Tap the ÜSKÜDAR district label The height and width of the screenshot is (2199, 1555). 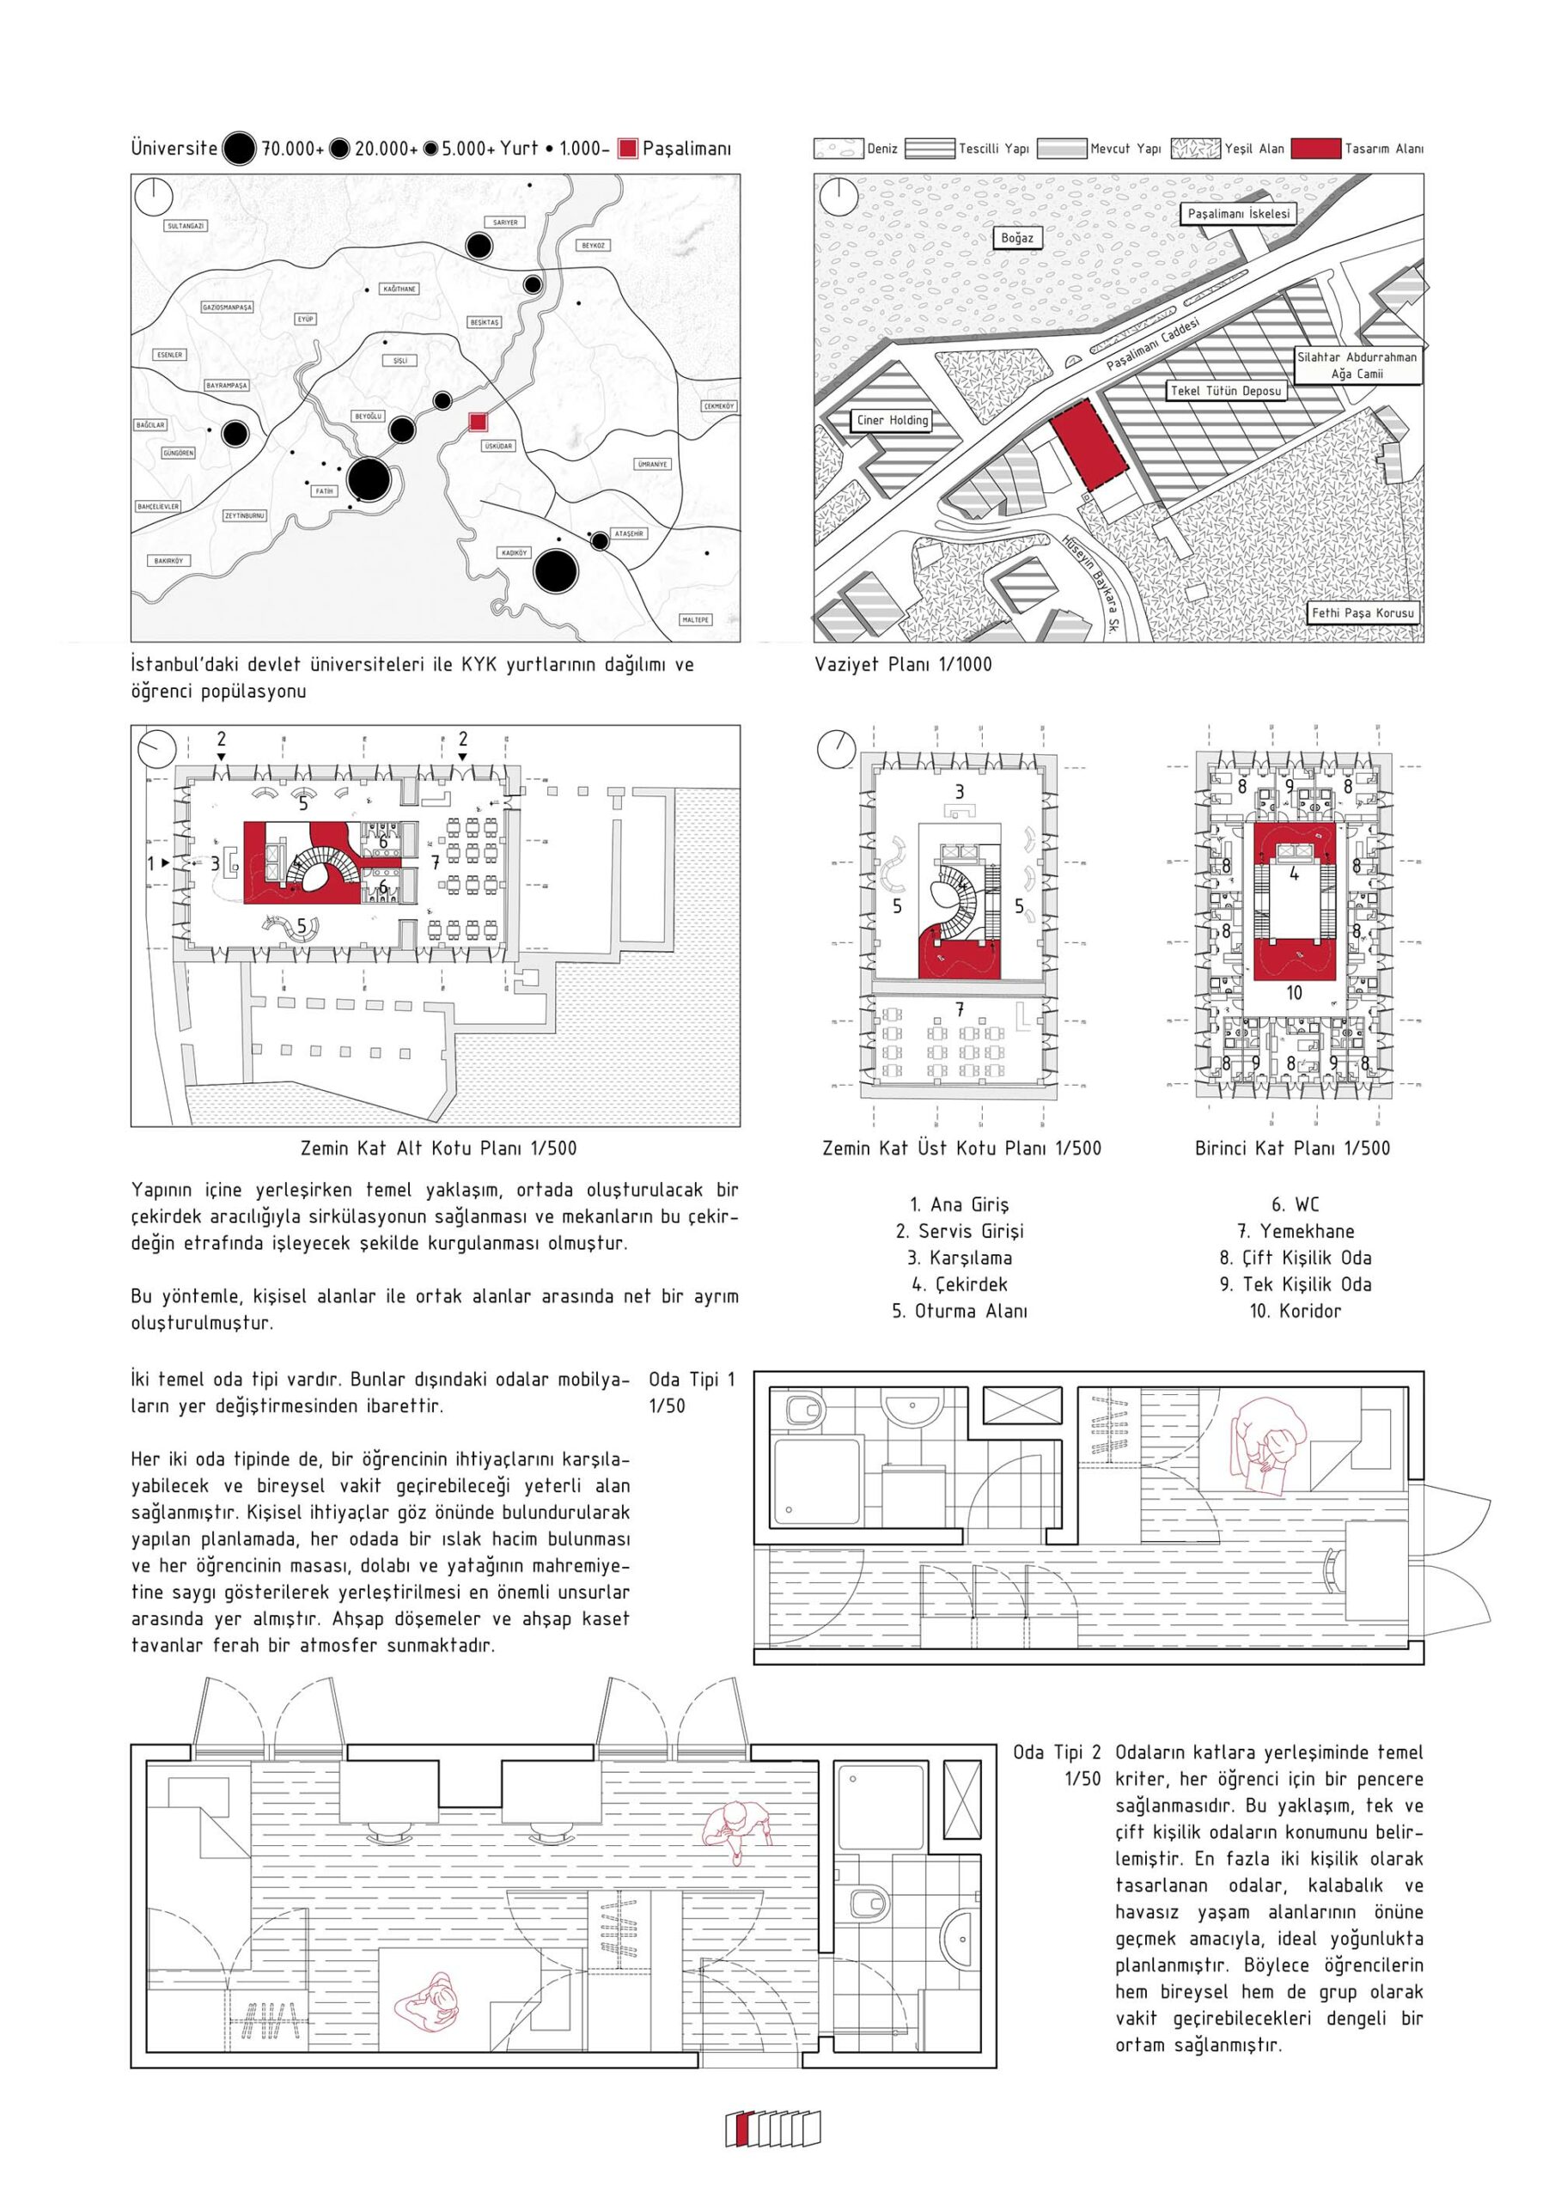pyautogui.click(x=498, y=447)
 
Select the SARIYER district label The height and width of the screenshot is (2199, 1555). pyautogui.click(x=505, y=222)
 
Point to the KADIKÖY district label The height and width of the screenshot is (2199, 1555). pyautogui.click(x=514, y=552)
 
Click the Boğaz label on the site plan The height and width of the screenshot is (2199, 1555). pyautogui.click(x=1016, y=238)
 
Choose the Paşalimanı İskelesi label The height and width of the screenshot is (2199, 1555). pyautogui.click(x=1239, y=214)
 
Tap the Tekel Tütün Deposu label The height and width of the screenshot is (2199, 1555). pyautogui.click(x=1225, y=391)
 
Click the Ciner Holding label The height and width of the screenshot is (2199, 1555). pyautogui.click(x=892, y=419)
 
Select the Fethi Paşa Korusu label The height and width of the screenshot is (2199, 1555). pyautogui.click(x=1363, y=612)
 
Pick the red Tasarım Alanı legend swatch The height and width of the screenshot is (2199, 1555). pyautogui.click(x=1314, y=149)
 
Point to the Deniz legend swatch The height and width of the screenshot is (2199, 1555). pyautogui.click(x=838, y=149)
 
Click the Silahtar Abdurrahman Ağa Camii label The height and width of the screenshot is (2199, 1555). pyautogui.click(x=1356, y=365)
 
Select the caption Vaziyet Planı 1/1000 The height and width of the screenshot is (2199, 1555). pyautogui.click(x=903, y=664)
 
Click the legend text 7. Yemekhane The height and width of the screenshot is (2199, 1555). pyautogui.click(x=1295, y=1231)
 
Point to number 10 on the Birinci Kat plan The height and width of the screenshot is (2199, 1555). pyautogui.click(x=1295, y=993)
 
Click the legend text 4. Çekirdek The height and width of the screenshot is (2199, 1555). pyautogui.click(x=959, y=1284)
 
